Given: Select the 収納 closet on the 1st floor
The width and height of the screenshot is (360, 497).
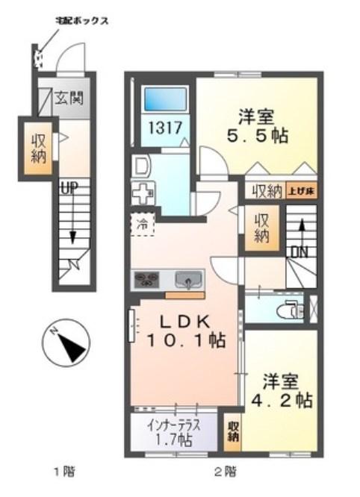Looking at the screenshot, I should tap(37, 148).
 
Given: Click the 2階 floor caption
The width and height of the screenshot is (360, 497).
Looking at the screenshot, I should tap(225, 472).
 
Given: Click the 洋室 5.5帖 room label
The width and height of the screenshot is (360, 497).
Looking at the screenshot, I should tap(258, 127).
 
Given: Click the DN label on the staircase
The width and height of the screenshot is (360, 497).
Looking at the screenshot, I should tap(300, 252).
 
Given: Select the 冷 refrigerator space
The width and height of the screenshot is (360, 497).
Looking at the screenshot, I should tap(142, 224).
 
